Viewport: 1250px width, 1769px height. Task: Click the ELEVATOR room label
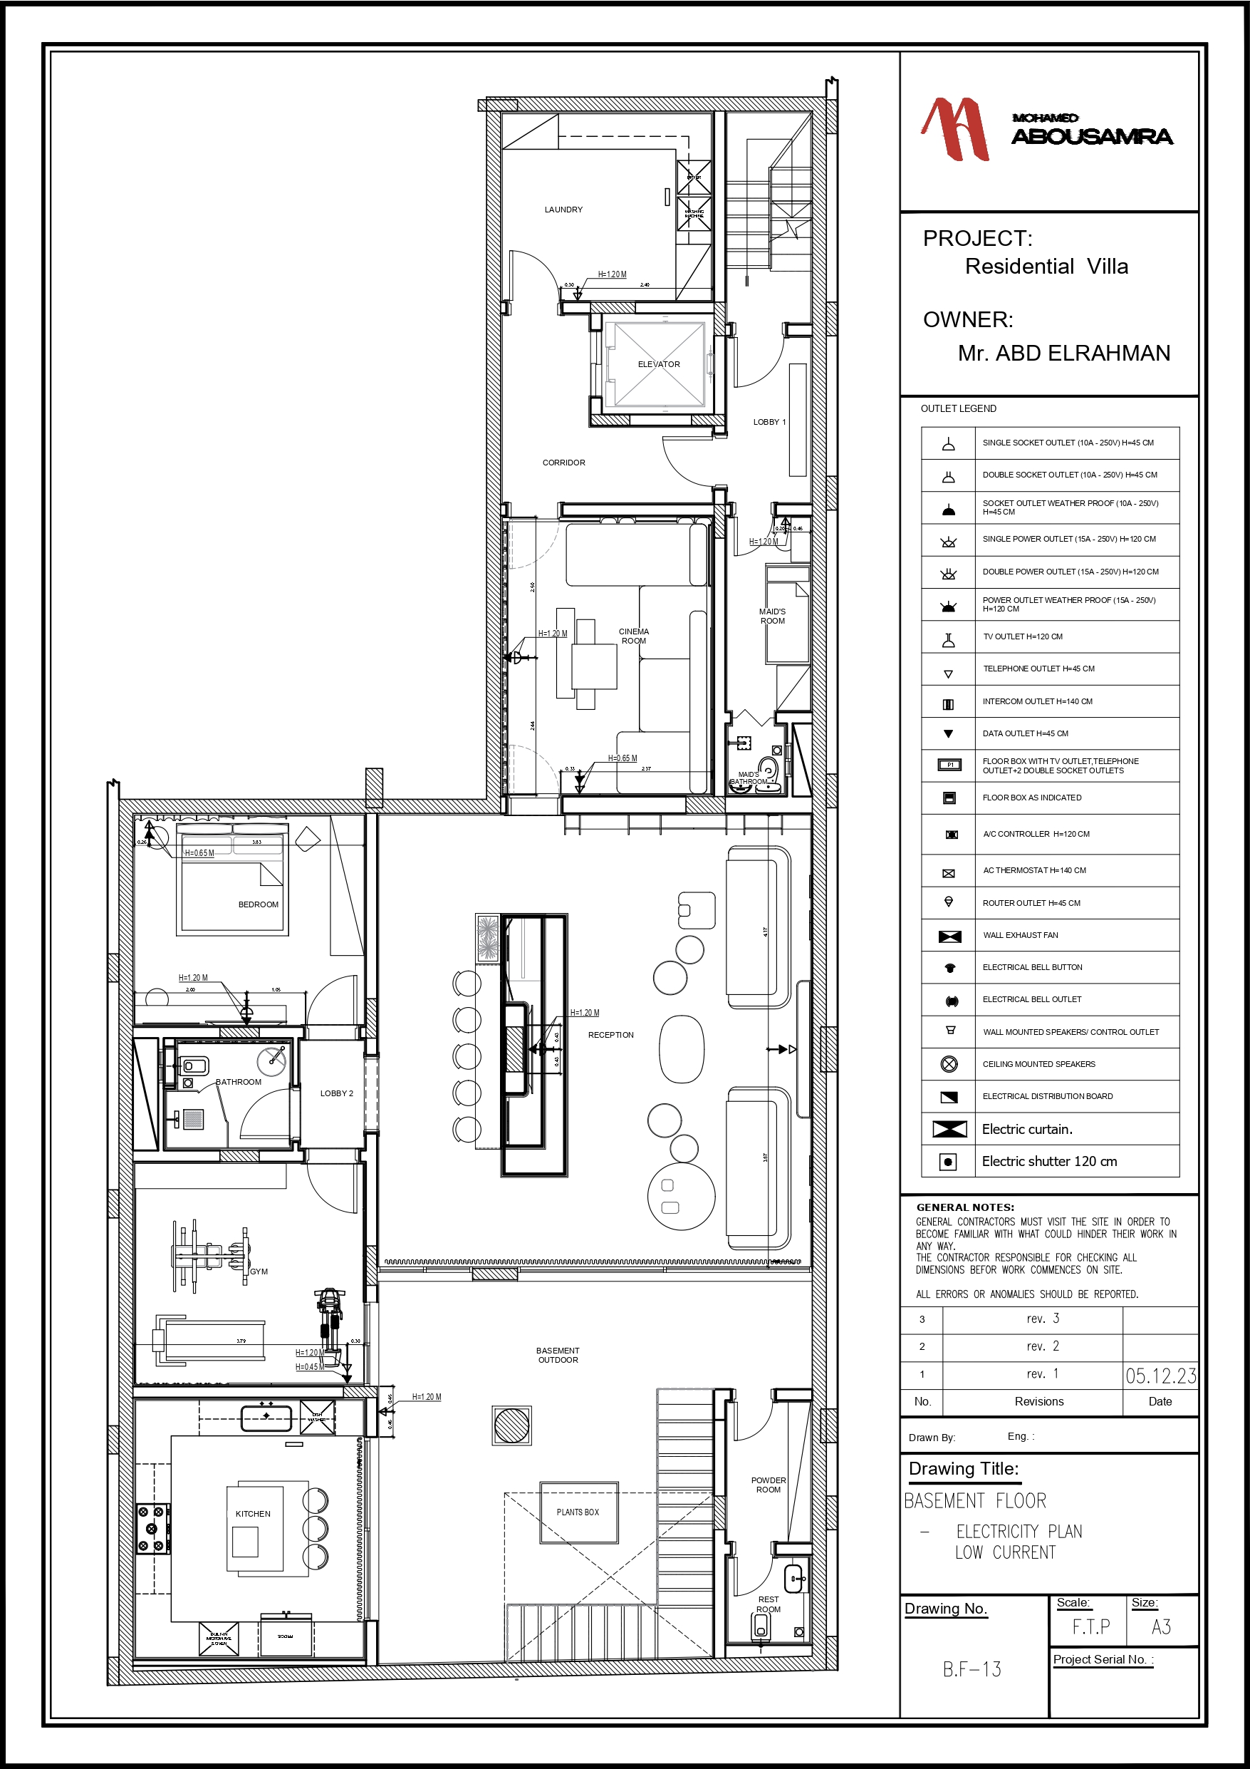pos(659,364)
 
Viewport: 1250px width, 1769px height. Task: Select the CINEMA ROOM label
pos(633,636)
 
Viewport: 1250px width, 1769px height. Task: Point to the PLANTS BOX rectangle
pos(578,1512)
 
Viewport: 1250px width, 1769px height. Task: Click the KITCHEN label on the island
pos(253,1514)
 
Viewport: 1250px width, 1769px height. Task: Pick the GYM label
pos(259,1272)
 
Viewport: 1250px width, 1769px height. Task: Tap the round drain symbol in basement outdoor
pos(511,1425)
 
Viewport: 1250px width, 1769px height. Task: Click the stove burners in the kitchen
pos(152,1529)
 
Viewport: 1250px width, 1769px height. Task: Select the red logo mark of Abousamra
pos(956,129)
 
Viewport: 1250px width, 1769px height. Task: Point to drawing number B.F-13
pos(972,1669)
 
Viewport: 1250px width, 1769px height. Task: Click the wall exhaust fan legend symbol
pos(949,936)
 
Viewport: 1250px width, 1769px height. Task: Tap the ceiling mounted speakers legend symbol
pos(949,1064)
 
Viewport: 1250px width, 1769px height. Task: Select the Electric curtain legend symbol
pos(949,1129)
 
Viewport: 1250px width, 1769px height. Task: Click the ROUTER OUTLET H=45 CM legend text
pos(1031,903)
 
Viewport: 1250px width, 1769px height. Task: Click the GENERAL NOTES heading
pos(964,1207)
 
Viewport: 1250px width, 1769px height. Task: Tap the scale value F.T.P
pos(1090,1627)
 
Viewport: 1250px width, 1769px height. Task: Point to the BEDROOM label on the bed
pos(258,904)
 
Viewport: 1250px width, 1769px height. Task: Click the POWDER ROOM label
pos(768,1485)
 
